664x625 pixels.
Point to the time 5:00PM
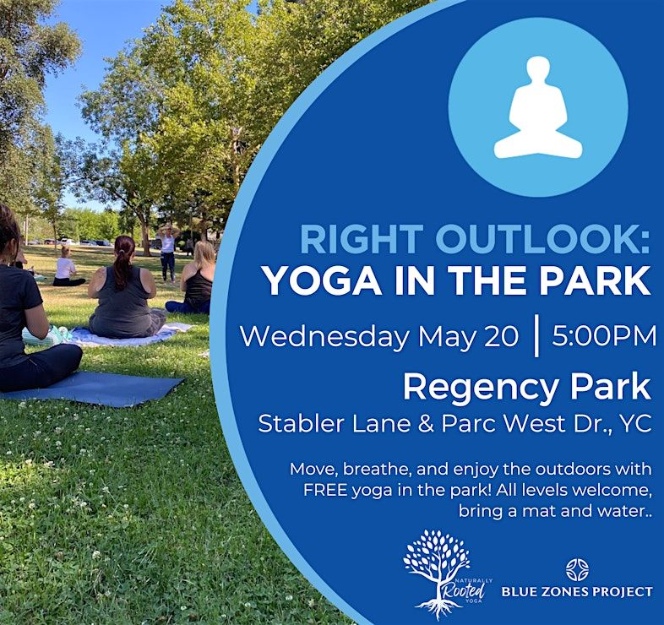[604, 336]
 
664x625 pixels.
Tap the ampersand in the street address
[426, 423]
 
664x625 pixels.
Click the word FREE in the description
[325, 490]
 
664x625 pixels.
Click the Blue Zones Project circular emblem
[577, 569]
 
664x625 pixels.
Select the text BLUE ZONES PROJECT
[577, 591]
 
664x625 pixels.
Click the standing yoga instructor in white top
[168, 253]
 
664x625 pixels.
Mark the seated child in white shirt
[67, 268]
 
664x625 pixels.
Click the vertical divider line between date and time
[537, 336]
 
